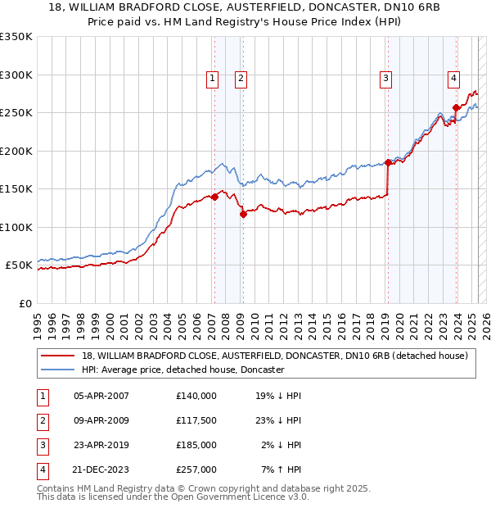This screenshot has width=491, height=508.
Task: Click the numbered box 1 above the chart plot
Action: pos(212,79)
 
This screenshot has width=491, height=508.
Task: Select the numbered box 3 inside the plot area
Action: pos(385,79)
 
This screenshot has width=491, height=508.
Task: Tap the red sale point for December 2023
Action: pos(456,107)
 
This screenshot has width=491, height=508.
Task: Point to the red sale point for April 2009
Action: pos(243,214)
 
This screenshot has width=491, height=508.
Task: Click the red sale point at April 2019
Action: pos(388,162)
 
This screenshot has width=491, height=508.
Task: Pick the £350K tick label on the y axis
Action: pos(16,37)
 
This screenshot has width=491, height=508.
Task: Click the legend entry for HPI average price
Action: pos(182,370)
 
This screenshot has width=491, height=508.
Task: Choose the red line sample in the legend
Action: pos(59,356)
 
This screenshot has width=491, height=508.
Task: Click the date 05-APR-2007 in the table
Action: pos(101,396)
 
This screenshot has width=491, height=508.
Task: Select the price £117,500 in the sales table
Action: pos(196,420)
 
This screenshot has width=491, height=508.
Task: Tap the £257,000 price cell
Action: pos(196,469)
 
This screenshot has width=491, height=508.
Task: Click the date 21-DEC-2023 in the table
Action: pos(101,469)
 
